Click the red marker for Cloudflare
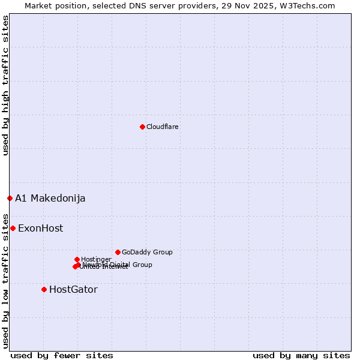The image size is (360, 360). pos(142,127)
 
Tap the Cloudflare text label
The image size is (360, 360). pos(162,127)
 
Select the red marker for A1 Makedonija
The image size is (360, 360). pos(10,198)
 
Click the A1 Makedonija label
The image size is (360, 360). pos(50,198)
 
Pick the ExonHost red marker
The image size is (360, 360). pos(13,228)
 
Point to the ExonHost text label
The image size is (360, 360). pos(40,228)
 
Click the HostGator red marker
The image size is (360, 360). pos(44,289)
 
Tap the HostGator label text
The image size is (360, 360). pos(73,289)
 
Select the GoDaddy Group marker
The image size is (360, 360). pos(118,252)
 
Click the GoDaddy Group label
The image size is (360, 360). pos(147,252)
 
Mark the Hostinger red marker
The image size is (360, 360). pos(77,259)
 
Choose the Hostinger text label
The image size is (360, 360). pos(96,259)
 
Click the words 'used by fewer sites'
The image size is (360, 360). pos(62,355)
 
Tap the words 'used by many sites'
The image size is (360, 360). pos(301,355)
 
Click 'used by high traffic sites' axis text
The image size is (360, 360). pos(5,85)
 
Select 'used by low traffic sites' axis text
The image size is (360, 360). pos(5,280)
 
